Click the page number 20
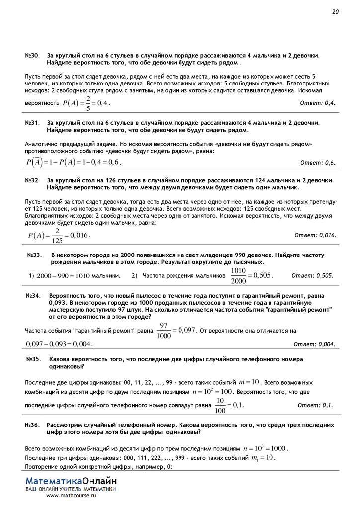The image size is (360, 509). click(x=335, y=12)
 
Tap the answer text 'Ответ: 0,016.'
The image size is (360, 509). click(x=315, y=235)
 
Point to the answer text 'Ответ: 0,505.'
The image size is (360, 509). click(x=312, y=275)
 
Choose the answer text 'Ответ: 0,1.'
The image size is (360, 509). click(x=315, y=405)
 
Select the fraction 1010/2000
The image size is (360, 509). click(x=239, y=275)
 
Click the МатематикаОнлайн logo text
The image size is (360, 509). click(x=71, y=481)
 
